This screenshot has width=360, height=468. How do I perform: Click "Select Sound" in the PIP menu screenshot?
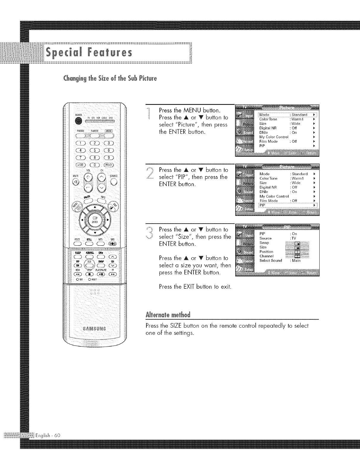click(270, 260)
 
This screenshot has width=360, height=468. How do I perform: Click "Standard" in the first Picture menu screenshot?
click(299, 115)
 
